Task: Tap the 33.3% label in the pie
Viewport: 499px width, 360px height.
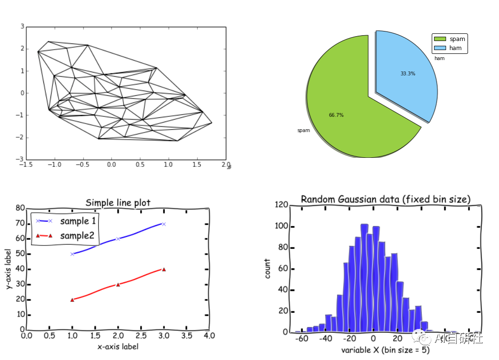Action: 407,74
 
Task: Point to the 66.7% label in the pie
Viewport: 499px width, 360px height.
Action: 336,115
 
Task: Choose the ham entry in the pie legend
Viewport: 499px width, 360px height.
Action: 455,48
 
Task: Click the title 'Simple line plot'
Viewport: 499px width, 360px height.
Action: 118,203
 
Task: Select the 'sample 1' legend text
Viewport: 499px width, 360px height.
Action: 78,221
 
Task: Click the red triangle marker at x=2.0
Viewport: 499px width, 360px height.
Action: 118,285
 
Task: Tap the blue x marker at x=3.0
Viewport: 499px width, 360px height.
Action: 163,224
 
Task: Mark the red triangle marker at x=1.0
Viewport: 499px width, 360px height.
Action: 72,300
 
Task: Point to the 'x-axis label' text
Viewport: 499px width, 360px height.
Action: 118,347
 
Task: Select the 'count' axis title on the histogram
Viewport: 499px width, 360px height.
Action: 268,269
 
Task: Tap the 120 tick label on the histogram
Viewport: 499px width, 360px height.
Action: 281,205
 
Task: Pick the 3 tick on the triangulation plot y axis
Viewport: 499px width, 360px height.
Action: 22,27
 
